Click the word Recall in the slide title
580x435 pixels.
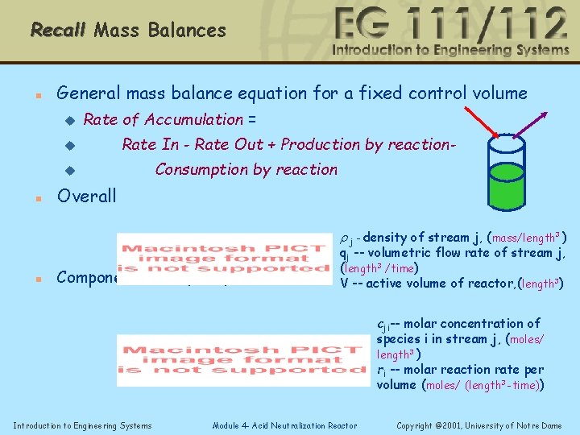[58, 31]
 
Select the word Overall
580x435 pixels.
[86, 196]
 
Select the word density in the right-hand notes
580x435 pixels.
[383, 238]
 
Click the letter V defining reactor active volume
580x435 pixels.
[344, 284]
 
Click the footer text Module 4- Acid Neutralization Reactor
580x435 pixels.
[284, 425]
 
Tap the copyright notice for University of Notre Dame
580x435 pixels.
[479, 425]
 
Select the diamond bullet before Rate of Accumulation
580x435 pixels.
[68, 120]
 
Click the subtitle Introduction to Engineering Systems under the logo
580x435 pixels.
[450, 51]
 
